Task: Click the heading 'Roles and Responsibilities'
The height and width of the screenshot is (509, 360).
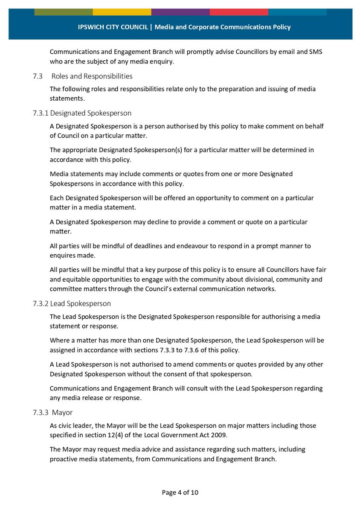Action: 92,76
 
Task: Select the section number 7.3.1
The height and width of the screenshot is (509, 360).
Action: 41,113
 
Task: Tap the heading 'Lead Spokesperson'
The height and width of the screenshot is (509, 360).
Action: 80,304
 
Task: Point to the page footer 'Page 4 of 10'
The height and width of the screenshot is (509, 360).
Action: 180,492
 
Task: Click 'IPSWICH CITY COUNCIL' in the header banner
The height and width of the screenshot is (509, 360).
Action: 113,27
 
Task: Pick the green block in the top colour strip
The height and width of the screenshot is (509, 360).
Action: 63,12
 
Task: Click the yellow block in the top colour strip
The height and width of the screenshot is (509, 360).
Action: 122,12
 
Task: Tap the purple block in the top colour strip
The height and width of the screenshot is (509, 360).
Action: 180,12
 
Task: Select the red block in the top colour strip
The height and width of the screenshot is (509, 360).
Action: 238,12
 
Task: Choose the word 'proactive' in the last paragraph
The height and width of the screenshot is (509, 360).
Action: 64,459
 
